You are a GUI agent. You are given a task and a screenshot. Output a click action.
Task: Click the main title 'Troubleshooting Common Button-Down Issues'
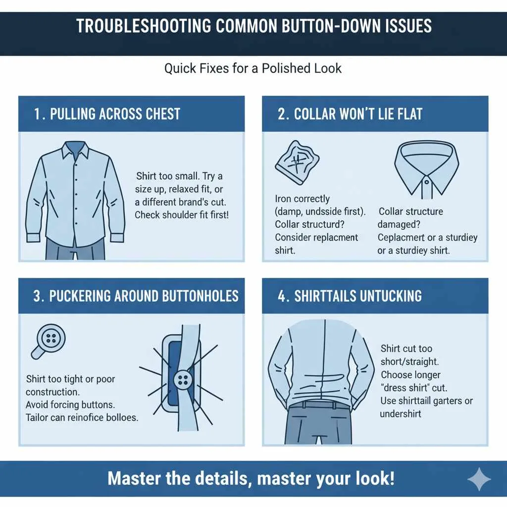(x=253, y=26)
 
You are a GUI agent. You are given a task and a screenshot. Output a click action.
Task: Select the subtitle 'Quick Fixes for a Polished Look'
(x=253, y=68)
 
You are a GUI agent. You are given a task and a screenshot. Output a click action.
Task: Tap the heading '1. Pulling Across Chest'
(x=107, y=114)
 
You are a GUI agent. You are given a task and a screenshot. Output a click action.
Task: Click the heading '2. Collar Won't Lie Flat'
(x=350, y=114)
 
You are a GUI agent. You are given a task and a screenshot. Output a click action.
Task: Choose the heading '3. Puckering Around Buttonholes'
(x=136, y=296)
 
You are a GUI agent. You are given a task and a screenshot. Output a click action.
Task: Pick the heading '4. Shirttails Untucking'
(x=350, y=296)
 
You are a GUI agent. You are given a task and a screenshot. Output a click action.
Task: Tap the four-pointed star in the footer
(x=479, y=479)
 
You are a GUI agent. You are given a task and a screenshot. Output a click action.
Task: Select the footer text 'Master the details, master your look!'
(x=251, y=479)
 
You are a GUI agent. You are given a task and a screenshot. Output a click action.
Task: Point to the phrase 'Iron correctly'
(x=302, y=199)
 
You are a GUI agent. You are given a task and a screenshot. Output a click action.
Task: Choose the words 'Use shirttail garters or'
(x=426, y=401)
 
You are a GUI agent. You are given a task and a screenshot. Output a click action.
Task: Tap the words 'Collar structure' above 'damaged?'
(x=410, y=211)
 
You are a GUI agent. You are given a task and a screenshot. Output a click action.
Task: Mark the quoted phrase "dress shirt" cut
(x=410, y=388)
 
